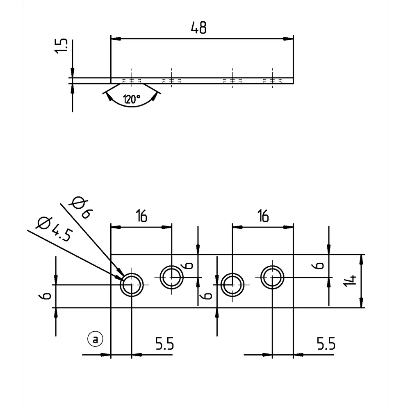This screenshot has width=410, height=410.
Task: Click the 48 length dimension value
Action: [199, 28]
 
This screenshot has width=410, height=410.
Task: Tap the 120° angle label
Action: [131, 99]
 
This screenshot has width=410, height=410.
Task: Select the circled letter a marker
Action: [95, 339]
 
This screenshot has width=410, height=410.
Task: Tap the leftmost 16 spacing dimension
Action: [141, 215]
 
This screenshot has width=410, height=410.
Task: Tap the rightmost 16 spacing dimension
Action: [263, 215]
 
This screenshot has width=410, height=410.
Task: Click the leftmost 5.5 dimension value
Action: [164, 344]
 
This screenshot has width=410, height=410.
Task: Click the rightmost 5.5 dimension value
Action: [326, 344]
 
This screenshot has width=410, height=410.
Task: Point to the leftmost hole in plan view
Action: [131, 284]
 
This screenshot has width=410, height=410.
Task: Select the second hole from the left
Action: [171, 277]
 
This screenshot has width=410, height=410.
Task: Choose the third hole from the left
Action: [232, 284]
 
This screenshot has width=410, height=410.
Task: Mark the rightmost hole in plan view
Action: [272, 277]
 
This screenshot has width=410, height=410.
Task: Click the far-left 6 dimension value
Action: [47, 296]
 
